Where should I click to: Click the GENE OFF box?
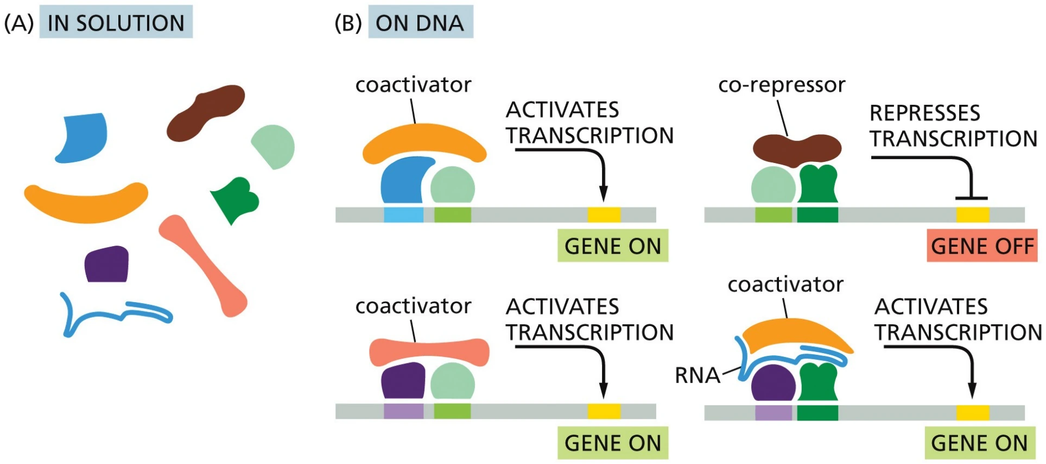(x=982, y=246)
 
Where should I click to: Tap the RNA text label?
(x=697, y=375)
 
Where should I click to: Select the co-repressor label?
(x=782, y=85)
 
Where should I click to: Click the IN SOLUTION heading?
(x=116, y=22)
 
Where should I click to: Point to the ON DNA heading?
(x=420, y=22)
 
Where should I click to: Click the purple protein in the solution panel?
(x=107, y=264)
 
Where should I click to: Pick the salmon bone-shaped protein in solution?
(x=203, y=266)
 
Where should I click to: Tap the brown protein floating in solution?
(x=205, y=113)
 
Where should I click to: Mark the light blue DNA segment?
(x=403, y=215)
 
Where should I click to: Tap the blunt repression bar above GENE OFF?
(x=971, y=198)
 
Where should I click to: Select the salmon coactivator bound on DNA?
(x=429, y=352)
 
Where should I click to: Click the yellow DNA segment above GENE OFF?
(x=972, y=215)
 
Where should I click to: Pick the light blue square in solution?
(x=83, y=138)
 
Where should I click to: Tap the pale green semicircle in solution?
(x=275, y=146)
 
